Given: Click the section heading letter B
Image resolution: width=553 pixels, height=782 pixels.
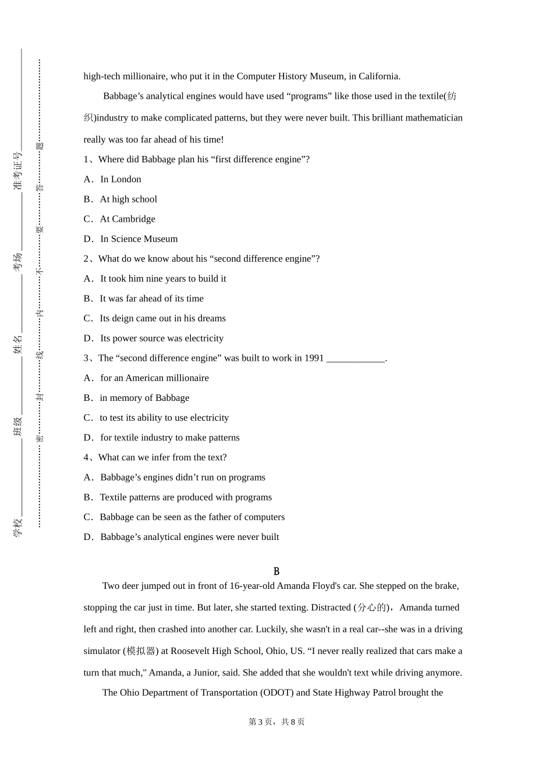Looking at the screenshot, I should tap(276, 571).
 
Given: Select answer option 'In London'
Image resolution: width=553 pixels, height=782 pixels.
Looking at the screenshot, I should tap(120, 179).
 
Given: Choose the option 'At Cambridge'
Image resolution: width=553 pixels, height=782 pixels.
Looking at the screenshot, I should tap(127, 219).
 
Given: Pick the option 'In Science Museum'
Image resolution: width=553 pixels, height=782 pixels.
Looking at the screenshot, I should tap(139, 239).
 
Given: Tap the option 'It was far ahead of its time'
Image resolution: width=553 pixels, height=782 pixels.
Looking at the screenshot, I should tap(151, 298).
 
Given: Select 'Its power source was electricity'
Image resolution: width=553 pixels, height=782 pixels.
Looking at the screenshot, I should tap(161, 338).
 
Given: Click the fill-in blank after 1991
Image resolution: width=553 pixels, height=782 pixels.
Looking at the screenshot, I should tap(356, 358).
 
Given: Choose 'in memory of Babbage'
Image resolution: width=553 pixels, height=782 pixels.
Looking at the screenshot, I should tap(144, 398).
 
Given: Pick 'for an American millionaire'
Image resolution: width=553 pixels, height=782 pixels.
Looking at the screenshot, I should tap(154, 378).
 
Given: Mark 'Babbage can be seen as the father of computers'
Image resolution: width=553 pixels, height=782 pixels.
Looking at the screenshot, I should tap(192, 517).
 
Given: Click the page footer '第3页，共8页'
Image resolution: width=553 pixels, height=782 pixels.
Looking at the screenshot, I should tap(276, 721).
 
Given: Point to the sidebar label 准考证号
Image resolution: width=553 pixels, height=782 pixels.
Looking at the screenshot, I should tap(18, 171).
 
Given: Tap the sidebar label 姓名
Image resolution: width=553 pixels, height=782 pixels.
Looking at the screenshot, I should tap(18, 344).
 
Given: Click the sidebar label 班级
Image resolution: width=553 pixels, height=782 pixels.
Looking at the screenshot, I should tap(18, 426).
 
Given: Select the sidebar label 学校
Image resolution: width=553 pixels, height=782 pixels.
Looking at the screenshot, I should tap(18, 527).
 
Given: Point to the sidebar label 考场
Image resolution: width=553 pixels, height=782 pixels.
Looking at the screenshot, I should tap(18, 262).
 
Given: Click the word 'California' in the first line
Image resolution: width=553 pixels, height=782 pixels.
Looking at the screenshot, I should tap(378, 76).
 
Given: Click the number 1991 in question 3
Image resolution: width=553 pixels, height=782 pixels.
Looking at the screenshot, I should tap(314, 358).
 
